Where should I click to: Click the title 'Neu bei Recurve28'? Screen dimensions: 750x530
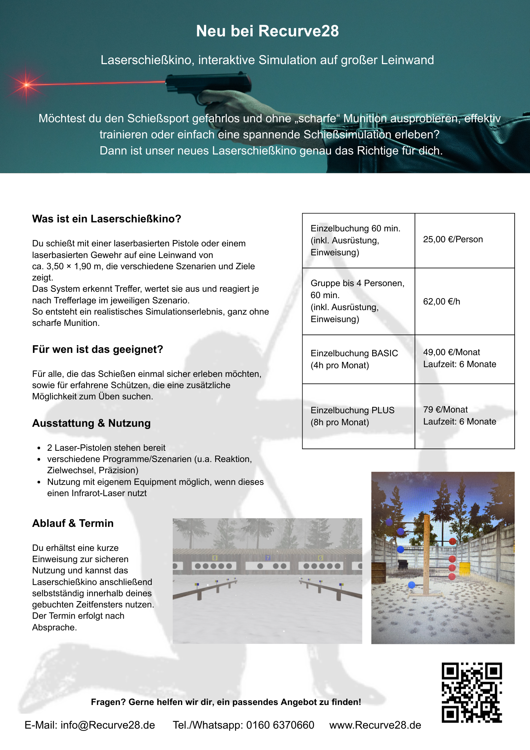coord(267,31)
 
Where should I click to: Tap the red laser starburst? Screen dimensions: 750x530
coord(26,85)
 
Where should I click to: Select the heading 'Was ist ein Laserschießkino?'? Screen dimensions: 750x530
coord(106,219)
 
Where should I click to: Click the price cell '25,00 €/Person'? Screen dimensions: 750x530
coord(453,240)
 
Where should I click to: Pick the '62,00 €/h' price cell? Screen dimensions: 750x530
coord(442,302)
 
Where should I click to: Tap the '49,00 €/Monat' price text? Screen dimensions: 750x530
coord(451,352)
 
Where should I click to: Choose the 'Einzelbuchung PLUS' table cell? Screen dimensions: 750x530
coord(352,411)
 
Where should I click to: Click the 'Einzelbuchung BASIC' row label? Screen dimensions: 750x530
coord(354,354)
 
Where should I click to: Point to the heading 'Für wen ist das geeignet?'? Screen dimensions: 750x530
coord(97,349)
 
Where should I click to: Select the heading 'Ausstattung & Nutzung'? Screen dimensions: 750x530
coord(91,423)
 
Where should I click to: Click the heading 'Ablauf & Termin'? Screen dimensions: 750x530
coord(73,523)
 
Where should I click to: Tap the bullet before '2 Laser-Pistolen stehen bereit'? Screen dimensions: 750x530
coord(39,448)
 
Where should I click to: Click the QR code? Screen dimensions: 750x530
coord(472,693)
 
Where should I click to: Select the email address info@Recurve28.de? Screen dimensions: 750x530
coord(108,725)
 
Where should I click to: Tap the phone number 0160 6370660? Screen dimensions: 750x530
coord(280,725)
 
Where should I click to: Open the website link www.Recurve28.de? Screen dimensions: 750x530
coord(375,725)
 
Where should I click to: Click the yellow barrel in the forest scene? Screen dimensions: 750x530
coord(464,568)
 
